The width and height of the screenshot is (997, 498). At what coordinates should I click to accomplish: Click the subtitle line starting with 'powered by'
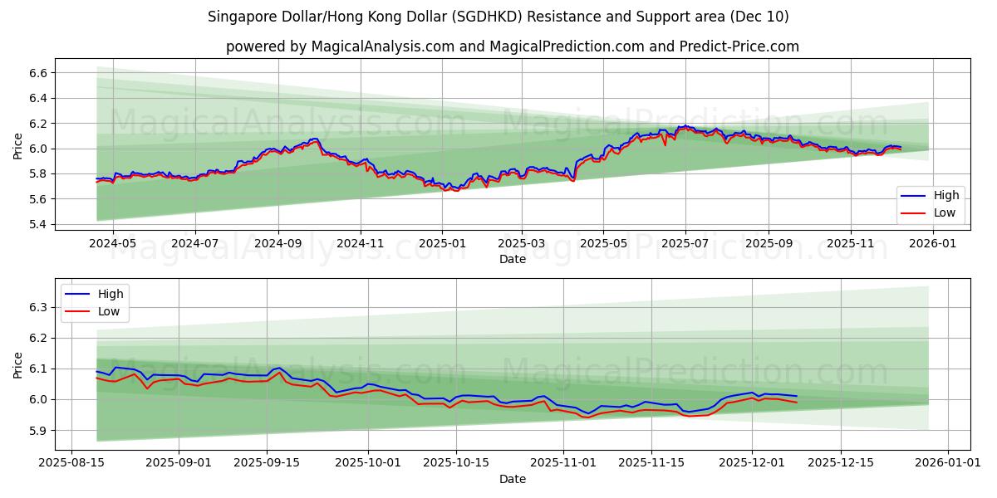pyautogui.click(x=512, y=46)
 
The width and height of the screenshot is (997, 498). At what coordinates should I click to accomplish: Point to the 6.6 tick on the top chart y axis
pyautogui.click(x=37, y=73)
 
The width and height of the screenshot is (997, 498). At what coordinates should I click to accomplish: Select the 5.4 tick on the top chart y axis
pyautogui.click(x=37, y=225)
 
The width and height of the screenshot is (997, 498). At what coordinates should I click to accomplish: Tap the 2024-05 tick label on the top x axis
pyautogui.click(x=112, y=244)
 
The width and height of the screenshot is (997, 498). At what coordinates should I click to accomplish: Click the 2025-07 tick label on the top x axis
pyautogui.click(x=685, y=244)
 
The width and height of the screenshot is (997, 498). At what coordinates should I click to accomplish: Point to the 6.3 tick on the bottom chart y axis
pyautogui.click(x=37, y=307)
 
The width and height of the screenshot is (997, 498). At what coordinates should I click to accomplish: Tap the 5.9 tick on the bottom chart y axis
pyautogui.click(x=37, y=431)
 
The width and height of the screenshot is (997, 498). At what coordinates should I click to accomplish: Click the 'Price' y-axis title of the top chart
pyautogui.click(x=18, y=146)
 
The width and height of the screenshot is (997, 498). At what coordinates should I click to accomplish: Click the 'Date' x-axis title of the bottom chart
pyautogui.click(x=512, y=479)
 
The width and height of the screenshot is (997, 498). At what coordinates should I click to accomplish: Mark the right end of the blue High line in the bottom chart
pyautogui.click(x=797, y=396)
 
